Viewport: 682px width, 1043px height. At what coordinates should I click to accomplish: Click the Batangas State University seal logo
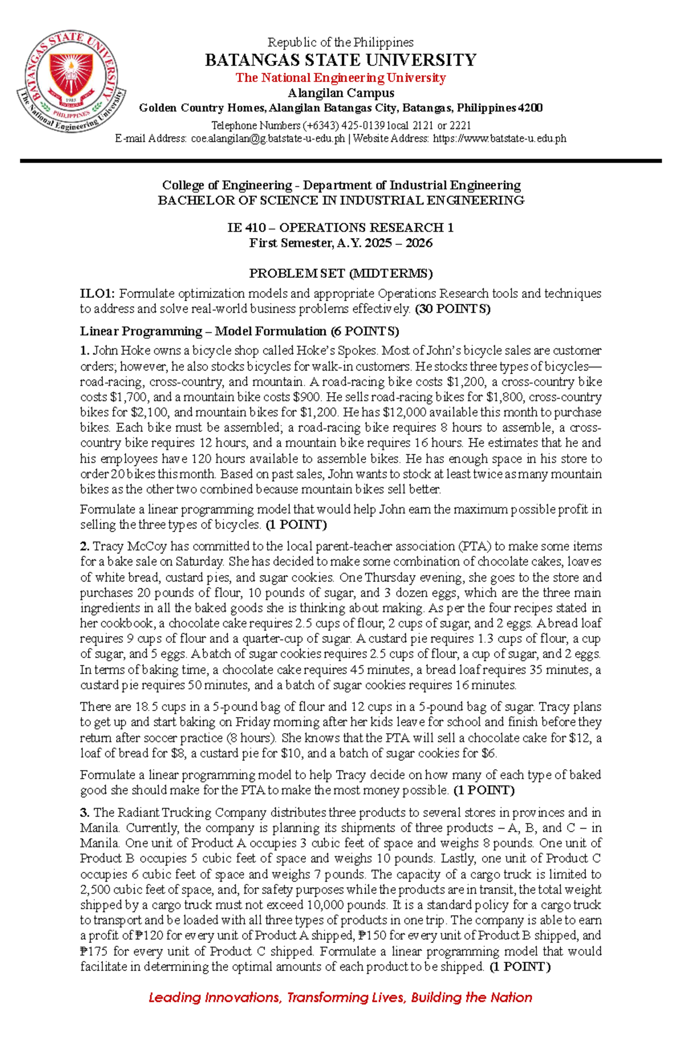[71, 82]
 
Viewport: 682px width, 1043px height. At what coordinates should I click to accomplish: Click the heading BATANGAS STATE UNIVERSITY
[340, 60]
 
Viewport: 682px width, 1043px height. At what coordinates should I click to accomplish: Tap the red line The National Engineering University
[340, 78]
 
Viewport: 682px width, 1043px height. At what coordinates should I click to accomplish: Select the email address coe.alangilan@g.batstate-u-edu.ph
[268, 139]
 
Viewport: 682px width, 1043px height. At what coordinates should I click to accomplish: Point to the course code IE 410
[246, 228]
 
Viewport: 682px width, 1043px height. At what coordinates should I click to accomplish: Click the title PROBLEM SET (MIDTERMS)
[340, 273]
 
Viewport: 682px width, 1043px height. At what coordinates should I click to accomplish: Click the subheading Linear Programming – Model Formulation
[202, 331]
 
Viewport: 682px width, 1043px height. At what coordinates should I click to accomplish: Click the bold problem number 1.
[84, 351]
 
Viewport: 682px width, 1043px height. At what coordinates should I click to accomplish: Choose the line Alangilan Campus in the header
[340, 93]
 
